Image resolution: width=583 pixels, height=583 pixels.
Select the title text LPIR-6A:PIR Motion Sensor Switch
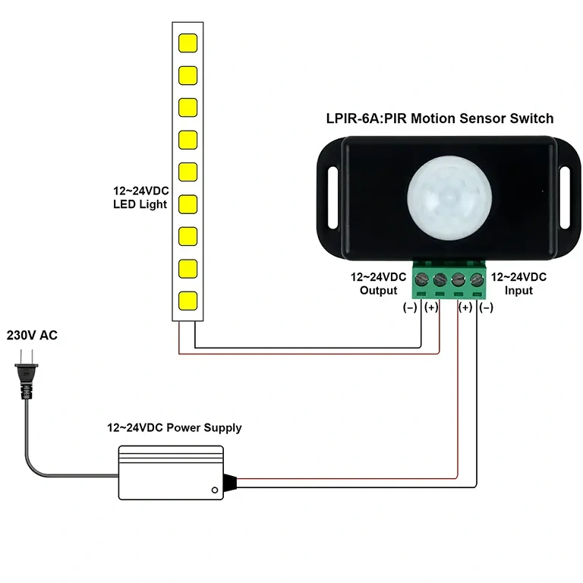440,118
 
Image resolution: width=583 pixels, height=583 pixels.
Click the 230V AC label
32,335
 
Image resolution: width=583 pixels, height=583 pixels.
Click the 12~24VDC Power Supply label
174,427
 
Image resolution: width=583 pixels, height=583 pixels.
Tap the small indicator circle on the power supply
216,487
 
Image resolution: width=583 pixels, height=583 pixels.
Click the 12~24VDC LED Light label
140,197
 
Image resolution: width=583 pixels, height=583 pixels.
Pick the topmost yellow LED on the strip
188,42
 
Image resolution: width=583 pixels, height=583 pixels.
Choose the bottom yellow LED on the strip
188,300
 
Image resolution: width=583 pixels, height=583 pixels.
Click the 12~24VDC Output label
378,284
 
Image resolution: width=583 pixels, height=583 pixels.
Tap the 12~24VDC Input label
518,284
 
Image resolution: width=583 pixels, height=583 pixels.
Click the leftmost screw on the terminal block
421,280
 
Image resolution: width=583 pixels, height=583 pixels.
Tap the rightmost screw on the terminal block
477,280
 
